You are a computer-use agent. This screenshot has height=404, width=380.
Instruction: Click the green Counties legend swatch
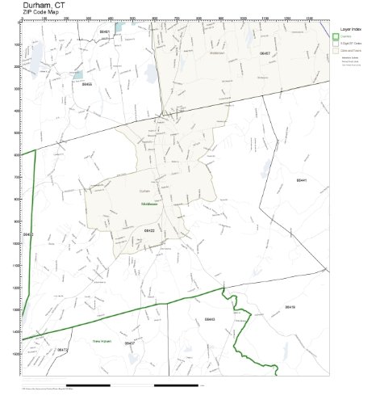pos(336,36)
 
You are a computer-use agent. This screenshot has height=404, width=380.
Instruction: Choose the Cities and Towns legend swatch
pos(336,50)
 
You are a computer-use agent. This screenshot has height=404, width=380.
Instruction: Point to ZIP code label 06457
pos(265,53)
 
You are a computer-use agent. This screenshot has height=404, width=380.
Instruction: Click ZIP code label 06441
pos(301,181)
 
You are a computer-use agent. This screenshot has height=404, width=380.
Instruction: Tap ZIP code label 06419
pos(290,307)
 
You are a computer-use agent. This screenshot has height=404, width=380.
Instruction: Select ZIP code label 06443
pos(210,320)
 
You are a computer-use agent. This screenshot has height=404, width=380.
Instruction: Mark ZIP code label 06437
pos(129,343)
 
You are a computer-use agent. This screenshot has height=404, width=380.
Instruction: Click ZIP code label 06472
pos(63,349)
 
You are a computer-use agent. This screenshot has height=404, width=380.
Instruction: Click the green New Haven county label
pos(101,340)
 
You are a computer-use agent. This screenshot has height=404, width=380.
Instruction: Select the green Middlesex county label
pos(148,205)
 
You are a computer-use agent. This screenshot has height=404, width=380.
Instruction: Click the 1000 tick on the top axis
pos(243,19)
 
